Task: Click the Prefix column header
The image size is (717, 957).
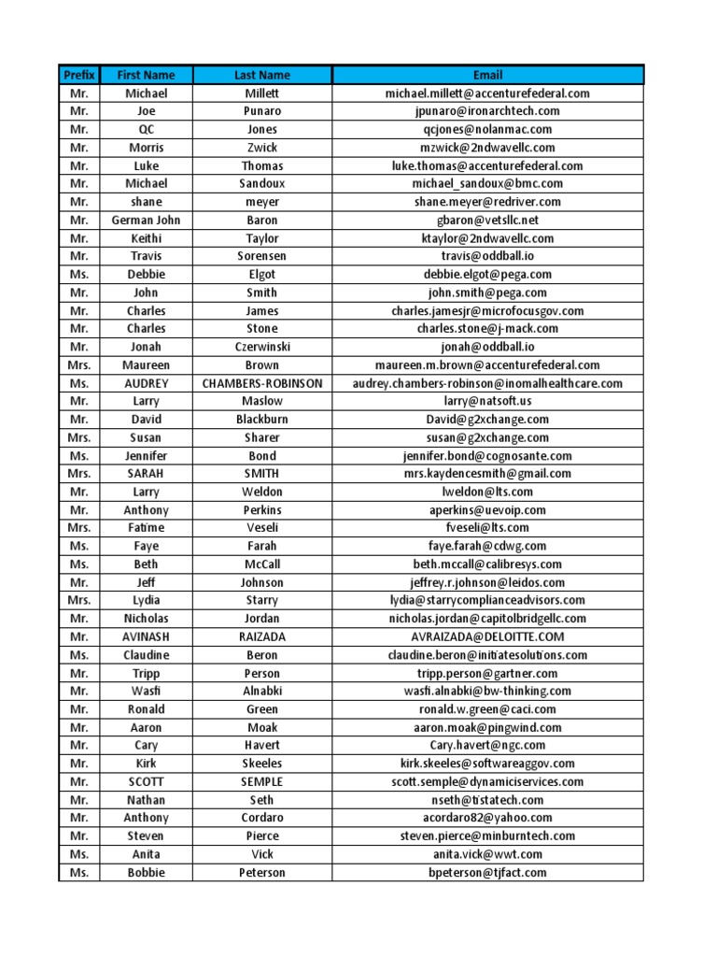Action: click(x=79, y=75)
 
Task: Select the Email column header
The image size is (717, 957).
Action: click(x=487, y=75)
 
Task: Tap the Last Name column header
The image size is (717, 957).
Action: click(x=262, y=75)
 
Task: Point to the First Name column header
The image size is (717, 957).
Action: click(x=146, y=75)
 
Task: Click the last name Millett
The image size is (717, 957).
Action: click(x=262, y=93)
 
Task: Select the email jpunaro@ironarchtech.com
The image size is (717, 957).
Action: click(x=487, y=111)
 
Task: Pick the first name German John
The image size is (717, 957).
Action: click(x=146, y=220)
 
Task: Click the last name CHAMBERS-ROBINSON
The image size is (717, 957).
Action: click(x=262, y=383)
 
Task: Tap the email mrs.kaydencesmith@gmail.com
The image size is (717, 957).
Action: click(x=487, y=474)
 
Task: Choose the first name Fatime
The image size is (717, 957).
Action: click(x=146, y=528)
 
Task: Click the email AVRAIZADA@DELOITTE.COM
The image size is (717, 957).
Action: click(x=487, y=636)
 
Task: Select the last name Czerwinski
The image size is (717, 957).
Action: click(x=262, y=347)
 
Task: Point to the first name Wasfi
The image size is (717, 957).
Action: click(x=146, y=691)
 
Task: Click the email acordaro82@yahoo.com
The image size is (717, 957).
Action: click(x=487, y=818)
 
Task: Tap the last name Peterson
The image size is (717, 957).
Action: click(x=262, y=872)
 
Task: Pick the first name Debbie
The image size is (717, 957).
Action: click(x=146, y=275)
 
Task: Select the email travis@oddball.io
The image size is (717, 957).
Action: click(x=487, y=256)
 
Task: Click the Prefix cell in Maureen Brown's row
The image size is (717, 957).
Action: click(x=79, y=365)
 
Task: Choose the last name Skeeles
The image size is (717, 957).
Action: click(x=262, y=764)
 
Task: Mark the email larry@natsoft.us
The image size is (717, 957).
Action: click(x=487, y=401)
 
